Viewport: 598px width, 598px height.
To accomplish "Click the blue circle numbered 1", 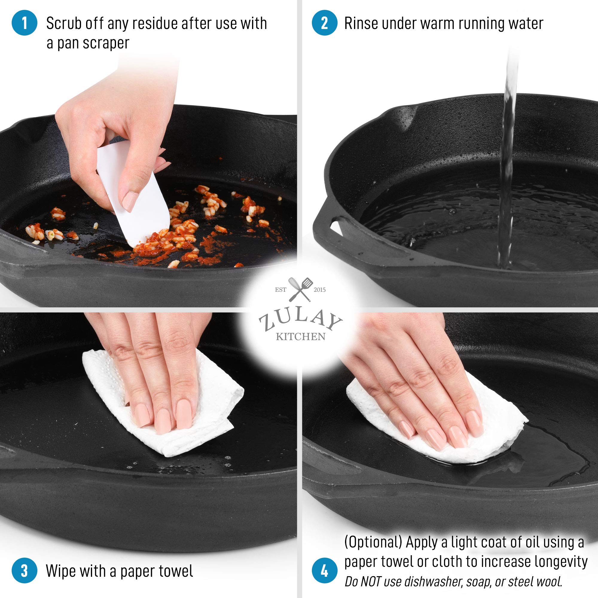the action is pos(25,23).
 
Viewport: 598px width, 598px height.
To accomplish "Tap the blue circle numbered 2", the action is pos(324,23).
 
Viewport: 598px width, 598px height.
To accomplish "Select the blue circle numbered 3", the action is pos(25,570).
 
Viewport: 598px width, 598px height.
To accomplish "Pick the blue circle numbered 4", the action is pos(324,570).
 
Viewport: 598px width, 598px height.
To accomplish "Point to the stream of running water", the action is pos(508,161).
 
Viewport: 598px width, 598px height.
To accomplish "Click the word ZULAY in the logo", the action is pos(300,322).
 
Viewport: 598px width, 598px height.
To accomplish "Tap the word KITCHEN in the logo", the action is pos(300,337).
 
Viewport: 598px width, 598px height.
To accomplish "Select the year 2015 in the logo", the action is pos(320,290).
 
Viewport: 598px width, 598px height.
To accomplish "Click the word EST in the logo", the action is pos(281,290).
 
